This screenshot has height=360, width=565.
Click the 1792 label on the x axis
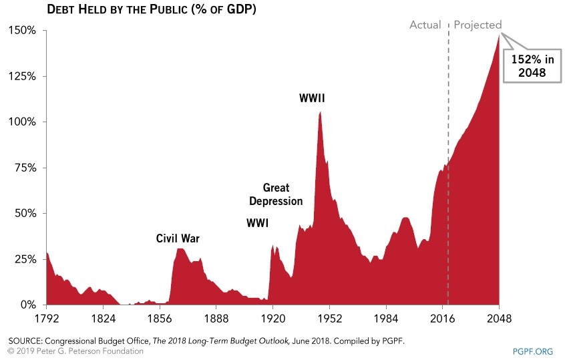(x=46, y=318)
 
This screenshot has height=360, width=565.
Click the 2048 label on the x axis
(x=499, y=318)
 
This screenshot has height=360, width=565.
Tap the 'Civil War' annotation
(x=178, y=238)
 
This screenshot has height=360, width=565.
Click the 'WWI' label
(x=257, y=223)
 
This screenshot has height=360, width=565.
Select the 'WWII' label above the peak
(x=312, y=99)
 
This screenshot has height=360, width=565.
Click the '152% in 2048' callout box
(x=529, y=65)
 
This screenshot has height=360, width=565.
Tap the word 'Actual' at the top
(x=425, y=25)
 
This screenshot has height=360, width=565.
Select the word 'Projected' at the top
(x=478, y=25)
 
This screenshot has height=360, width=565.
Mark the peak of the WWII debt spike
(x=321, y=112)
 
